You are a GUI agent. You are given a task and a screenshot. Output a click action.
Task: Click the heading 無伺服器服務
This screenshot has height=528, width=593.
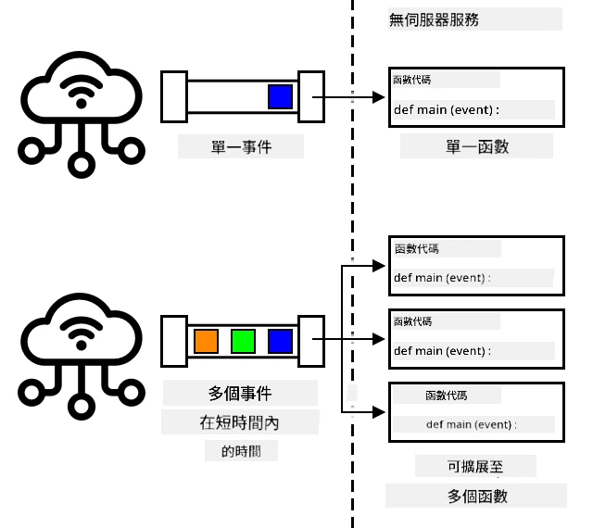pyautogui.click(x=434, y=19)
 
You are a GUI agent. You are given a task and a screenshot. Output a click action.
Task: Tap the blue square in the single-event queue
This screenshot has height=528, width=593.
pyautogui.click(x=280, y=97)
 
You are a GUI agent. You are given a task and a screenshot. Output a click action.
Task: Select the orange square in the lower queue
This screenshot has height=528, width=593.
pyautogui.click(x=206, y=341)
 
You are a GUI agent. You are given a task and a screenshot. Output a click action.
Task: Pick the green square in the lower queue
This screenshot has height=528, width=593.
pyautogui.click(x=243, y=341)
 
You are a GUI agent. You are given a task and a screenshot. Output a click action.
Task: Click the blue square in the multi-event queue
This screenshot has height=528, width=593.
pyautogui.click(x=280, y=341)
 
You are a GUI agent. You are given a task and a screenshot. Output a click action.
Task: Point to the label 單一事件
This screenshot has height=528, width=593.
pyautogui.click(x=241, y=146)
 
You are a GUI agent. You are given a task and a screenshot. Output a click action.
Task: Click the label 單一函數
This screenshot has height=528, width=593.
pyautogui.click(x=477, y=146)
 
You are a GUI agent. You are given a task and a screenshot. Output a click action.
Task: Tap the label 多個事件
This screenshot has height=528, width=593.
pyautogui.click(x=240, y=394)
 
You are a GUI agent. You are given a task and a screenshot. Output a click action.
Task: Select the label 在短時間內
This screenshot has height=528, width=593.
pyautogui.click(x=239, y=422)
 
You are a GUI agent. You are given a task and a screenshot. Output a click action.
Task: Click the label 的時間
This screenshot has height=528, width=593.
pyautogui.click(x=241, y=451)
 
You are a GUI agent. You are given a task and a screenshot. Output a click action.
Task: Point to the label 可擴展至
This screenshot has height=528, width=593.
pyautogui.click(x=475, y=466)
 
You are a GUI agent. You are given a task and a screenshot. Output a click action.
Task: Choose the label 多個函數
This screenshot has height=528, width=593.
pyautogui.click(x=477, y=496)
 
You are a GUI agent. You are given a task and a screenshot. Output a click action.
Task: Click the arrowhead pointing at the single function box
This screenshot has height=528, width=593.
pyautogui.click(x=379, y=97)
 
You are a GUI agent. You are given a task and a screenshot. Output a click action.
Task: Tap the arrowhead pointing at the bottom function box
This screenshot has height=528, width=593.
pyautogui.click(x=379, y=412)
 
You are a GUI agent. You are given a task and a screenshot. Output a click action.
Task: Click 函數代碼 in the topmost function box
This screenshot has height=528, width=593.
pyautogui.click(x=411, y=80)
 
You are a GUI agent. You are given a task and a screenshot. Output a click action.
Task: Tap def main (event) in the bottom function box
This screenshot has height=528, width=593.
pyautogui.click(x=470, y=424)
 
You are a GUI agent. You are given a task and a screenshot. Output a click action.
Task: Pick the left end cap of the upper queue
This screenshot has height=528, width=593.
pyautogui.click(x=174, y=97)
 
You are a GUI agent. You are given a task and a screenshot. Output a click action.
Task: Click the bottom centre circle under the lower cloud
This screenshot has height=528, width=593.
pyautogui.click(x=82, y=407)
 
